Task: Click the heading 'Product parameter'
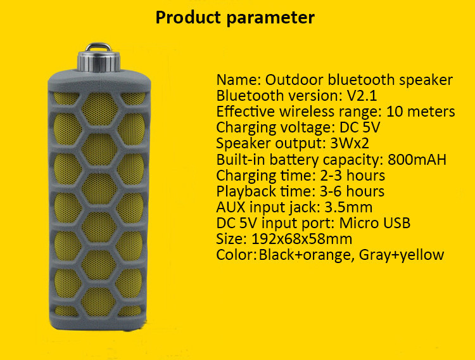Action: coord(235,18)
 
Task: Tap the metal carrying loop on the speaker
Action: coord(98,46)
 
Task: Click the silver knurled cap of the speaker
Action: coord(99,61)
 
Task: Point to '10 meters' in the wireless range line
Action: coord(421,112)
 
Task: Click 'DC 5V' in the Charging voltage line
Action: coord(360,127)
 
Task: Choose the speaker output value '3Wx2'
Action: coord(350,143)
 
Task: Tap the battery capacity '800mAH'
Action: coord(417,159)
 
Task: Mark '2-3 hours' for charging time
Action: coord(352,176)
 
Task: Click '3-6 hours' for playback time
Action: coord(352,191)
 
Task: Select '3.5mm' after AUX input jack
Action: coord(348,207)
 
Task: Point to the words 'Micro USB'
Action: coord(375,223)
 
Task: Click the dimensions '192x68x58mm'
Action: coord(301,239)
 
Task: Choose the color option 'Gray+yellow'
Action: coord(402,255)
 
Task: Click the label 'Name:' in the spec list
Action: coord(238,80)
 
